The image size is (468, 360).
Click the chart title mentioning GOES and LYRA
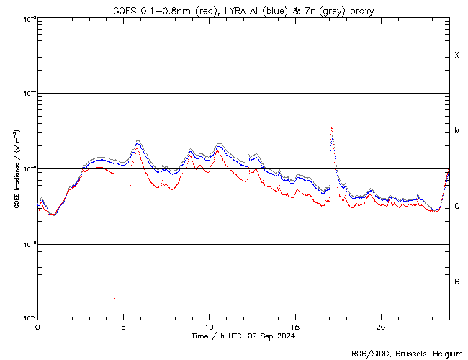pyautogui.click(x=243, y=11)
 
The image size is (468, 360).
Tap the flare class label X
pyautogui.click(x=457, y=55)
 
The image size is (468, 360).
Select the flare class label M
pyautogui.click(x=457, y=130)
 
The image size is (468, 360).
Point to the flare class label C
pyautogui.click(x=457, y=207)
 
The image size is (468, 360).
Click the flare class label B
pyautogui.click(x=457, y=282)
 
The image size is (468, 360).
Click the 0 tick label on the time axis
pyautogui.click(x=37, y=326)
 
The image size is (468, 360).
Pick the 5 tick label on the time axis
pyautogui.click(x=123, y=326)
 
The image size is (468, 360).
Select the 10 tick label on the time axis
pyautogui.click(x=209, y=326)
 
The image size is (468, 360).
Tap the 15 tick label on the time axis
pyautogui.click(x=294, y=326)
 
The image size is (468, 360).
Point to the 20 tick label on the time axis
pyautogui.click(x=380, y=326)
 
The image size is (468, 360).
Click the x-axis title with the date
pyautogui.click(x=243, y=336)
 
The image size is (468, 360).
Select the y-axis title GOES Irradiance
pyautogui.click(x=15, y=168)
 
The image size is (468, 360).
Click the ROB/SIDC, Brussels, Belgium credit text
pyautogui.click(x=407, y=354)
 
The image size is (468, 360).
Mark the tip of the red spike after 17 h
pyautogui.click(x=331, y=128)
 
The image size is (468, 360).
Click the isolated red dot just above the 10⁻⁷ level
pyautogui.click(x=114, y=298)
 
